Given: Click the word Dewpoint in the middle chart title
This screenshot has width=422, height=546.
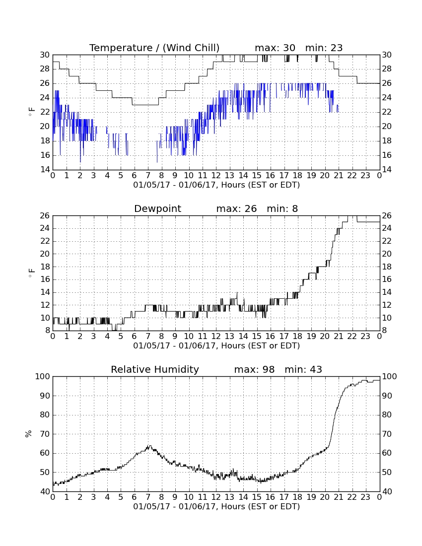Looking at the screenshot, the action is point(157,208).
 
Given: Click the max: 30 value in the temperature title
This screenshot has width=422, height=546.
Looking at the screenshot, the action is point(275,48).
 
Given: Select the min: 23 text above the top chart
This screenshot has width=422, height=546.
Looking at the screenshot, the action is point(324,48).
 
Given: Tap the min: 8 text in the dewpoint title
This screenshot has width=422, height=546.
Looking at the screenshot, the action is point(282,208).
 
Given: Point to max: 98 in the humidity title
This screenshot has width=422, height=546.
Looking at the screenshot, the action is point(254,369).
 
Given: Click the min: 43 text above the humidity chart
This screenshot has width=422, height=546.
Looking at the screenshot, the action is point(303,369).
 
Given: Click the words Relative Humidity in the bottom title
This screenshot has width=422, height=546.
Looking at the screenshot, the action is point(155,369).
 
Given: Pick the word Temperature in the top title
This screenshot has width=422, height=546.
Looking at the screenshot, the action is point(121,48).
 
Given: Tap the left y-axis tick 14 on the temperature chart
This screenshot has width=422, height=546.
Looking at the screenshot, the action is point(45,170).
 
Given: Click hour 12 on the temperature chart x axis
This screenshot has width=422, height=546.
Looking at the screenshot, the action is point(216,176).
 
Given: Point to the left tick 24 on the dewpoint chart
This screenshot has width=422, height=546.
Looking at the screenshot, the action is point(45,228).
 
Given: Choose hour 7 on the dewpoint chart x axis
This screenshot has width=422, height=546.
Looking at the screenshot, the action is point(148,337).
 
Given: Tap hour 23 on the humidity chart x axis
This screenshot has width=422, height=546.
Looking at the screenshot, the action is point(365,497).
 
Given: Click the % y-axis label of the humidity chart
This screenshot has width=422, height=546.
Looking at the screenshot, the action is point(29,434).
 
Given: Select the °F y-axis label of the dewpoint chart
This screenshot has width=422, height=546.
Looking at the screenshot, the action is point(31,273).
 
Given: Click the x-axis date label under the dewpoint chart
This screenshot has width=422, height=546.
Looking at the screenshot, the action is point(216,346).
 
